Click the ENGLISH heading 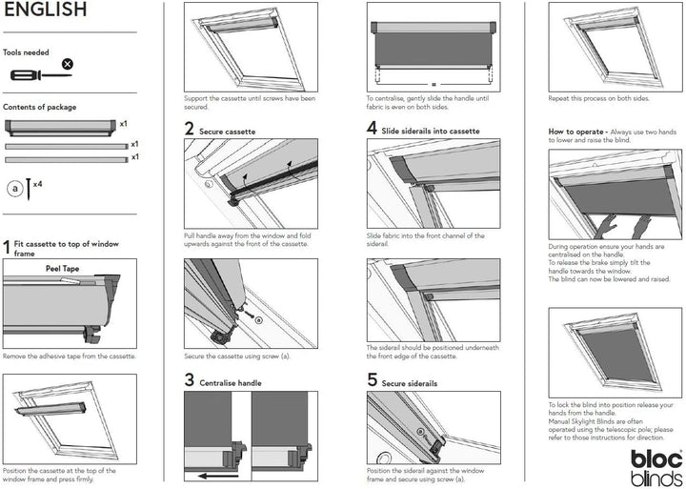(45, 11)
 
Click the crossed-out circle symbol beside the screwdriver (67, 64)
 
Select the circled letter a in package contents (15, 189)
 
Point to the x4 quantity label (36, 183)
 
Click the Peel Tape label (63, 270)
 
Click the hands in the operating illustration (615, 227)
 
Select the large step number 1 (7, 248)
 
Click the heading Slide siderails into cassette (431, 131)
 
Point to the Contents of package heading (39, 108)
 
